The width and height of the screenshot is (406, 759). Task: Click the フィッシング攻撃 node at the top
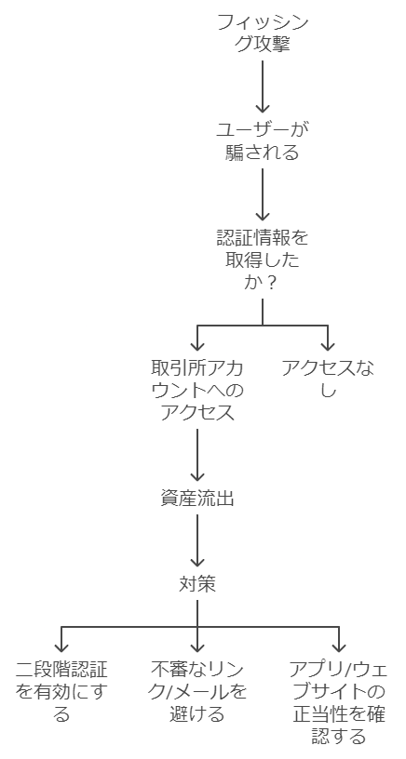[262, 33]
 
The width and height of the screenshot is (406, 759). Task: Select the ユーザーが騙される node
[262, 140]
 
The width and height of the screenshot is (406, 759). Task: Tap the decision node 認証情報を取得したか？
[262, 260]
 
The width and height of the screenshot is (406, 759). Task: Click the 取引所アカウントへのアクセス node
[197, 391]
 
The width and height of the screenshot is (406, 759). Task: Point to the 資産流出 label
[197, 499]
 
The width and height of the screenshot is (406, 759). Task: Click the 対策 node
[197, 585]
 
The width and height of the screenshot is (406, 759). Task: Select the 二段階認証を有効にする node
[61, 692]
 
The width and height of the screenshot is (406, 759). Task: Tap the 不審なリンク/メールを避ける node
[197, 692]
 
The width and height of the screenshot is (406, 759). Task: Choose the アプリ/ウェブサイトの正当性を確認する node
[339, 703]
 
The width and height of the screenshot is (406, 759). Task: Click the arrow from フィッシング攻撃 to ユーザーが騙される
[262, 87]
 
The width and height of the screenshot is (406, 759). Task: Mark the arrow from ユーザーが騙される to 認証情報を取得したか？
[262, 194]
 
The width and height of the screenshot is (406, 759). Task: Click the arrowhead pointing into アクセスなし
[328, 346]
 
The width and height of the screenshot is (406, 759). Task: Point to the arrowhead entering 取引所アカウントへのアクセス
[197, 346]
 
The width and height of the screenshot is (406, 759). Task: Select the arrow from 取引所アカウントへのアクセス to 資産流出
[197, 455]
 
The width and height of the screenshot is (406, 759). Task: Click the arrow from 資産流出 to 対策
[197, 540]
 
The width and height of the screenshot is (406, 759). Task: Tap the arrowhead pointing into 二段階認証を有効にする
[61, 646]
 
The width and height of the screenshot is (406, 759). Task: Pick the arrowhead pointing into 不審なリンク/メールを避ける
[197, 646]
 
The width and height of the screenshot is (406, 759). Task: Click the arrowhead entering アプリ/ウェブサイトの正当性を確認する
[339, 646]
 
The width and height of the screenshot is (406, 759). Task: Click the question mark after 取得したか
[272, 283]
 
